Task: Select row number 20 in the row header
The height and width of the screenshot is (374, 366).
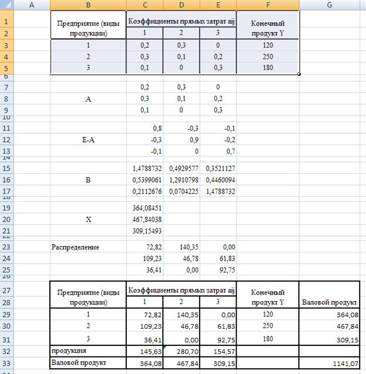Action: tap(7, 218)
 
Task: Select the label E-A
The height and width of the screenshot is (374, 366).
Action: tap(88, 138)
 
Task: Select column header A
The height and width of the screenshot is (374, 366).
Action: tap(31, 5)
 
